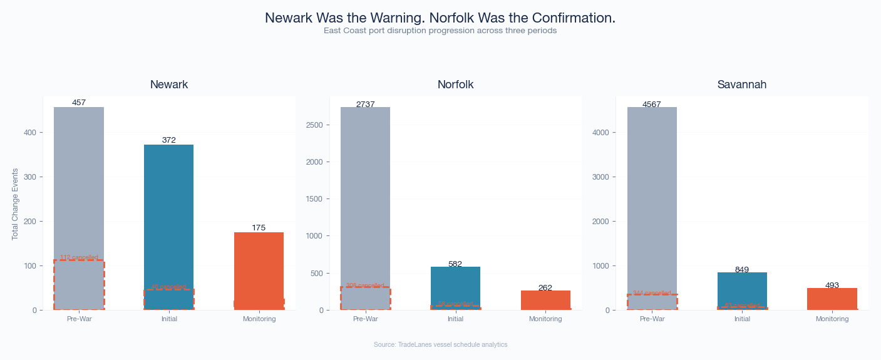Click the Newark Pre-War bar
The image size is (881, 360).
[x=79, y=182]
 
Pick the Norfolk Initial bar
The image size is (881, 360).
[x=455, y=285]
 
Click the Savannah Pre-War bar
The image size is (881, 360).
[x=652, y=188]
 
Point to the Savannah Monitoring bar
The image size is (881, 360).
[x=832, y=299]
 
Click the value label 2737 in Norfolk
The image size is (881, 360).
[x=365, y=105]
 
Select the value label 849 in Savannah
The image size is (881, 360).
[x=742, y=270]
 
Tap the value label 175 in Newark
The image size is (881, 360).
[x=259, y=228]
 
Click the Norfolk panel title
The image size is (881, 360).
[x=455, y=85]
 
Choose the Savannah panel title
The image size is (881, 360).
[x=742, y=85]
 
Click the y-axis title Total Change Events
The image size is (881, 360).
[x=15, y=203]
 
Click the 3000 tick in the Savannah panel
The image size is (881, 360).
[x=601, y=177]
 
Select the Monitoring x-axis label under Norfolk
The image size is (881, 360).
[x=545, y=319]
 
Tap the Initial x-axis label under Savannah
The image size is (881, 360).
[x=742, y=319]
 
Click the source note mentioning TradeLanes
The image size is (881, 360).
[x=440, y=345]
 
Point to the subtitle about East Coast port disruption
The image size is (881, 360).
[x=440, y=31]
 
